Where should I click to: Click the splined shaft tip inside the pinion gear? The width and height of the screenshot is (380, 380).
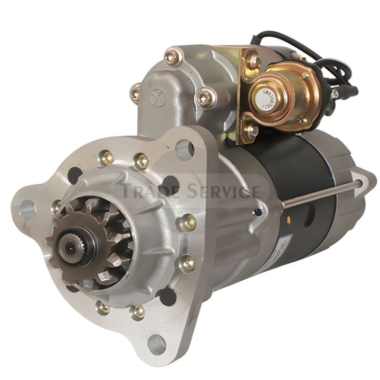[66, 246]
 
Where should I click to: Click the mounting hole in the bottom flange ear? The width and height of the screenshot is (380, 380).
[157, 343]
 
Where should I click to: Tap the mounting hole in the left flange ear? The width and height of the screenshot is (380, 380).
[28, 208]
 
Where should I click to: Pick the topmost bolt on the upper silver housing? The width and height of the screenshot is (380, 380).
[172, 57]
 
